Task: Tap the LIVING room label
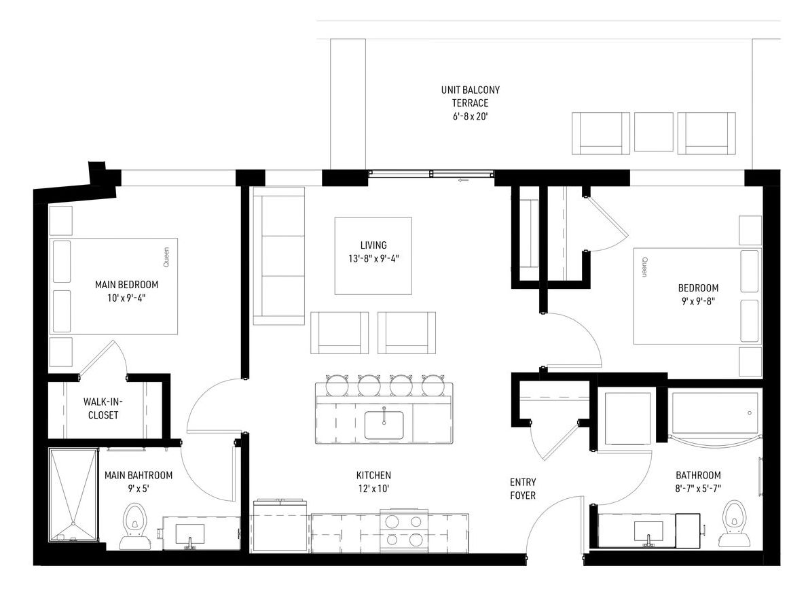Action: pos(373,245)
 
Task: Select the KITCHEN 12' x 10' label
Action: pos(373,482)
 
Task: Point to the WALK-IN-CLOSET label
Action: pos(103,408)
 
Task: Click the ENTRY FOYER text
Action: pos(523,489)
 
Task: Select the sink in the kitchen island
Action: pos(384,425)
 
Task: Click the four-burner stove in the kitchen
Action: pos(404,531)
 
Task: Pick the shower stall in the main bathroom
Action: pos(73,495)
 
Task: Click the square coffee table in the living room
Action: pos(373,256)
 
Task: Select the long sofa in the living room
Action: pos(279,256)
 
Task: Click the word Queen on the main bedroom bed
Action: pos(166,258)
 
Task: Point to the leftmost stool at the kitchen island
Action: pos(337,385)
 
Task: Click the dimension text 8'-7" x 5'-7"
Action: pos(698,488)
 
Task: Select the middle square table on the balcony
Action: pos(653,132)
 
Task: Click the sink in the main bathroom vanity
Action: pos(189,534)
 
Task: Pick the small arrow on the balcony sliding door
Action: pos(463,181)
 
